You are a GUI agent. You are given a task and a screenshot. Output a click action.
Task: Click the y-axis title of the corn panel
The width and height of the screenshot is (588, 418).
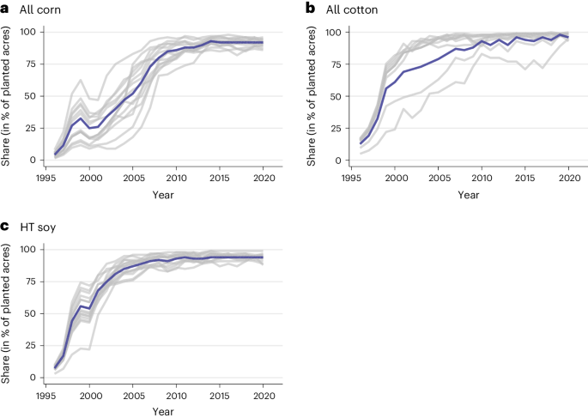click(x=8, y=95)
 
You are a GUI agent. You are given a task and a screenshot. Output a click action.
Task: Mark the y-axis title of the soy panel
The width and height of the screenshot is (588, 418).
click(x=8, y=313)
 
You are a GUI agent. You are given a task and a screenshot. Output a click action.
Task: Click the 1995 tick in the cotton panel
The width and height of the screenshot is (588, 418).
click(x=349, y=178)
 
